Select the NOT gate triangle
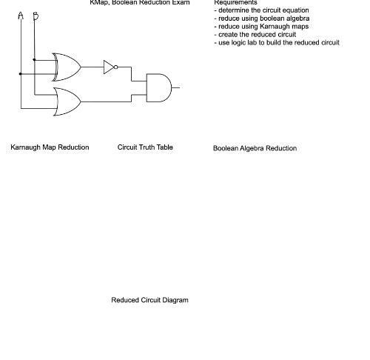[109, 67]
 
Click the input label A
[21, 16]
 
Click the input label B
[35, 16]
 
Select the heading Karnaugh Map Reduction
[50, 147]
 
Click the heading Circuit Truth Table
[145, 147]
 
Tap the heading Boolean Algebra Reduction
[255, 148]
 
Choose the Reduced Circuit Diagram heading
[149, 300]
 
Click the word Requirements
[235, 3]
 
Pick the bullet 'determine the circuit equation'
[261, 10]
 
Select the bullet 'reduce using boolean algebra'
[261, 19]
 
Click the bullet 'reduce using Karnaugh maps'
[261, 27]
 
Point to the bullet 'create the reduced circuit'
[255, 35]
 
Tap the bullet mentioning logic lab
[276, 43]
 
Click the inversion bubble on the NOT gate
[116, 67]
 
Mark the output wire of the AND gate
[175, 87]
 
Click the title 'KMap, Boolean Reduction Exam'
[140, 3]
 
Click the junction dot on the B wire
[35, 59]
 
